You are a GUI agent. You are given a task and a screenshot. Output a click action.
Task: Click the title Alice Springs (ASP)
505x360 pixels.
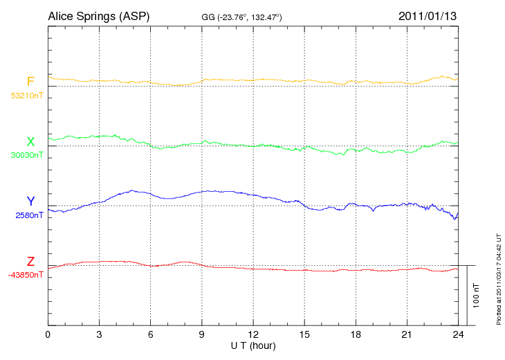tap(98, 16)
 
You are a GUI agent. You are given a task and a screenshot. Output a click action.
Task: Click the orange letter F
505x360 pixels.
tap(30, 82)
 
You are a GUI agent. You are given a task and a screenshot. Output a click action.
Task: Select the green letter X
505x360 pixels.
tap(30, 142)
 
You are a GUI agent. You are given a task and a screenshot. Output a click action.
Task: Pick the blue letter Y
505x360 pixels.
tap(30, 201)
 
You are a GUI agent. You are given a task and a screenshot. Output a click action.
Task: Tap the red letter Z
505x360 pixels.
tap(30, 262)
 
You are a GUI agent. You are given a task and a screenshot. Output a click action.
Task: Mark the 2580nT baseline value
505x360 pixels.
tap(29, 215)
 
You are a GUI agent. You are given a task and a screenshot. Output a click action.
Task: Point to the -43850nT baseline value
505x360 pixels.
tap(26, 275)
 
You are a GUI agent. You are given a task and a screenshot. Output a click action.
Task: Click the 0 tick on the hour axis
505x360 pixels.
tap(48, 334)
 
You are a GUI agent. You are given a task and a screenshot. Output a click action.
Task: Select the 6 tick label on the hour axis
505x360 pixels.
tap(150, 334)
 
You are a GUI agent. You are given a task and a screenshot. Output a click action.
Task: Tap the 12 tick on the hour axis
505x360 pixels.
tap(252, 334)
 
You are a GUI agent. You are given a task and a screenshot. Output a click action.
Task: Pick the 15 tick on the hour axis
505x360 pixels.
tap(304, 334)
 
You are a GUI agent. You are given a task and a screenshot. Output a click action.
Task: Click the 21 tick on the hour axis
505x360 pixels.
tap(406, 334)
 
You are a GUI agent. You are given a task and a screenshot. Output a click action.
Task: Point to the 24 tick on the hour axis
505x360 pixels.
tap(457, 334)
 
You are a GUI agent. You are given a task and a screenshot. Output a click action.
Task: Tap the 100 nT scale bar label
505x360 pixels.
tap(477, 295)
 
